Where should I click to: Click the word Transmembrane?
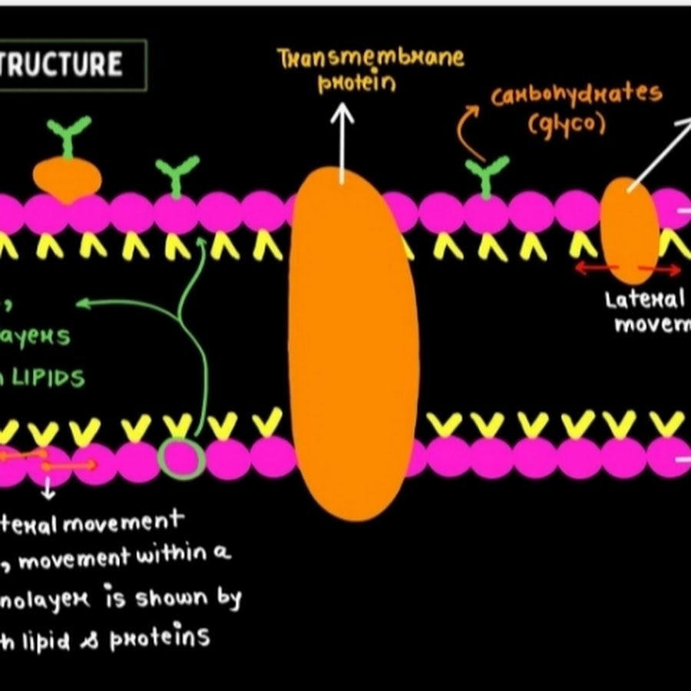pos(372,58)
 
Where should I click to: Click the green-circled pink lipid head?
pos(181,459)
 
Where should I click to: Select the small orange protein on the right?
pos(629,228)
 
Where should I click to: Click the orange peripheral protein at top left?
pos(67,179)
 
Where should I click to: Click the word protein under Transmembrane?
pos(357,83)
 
